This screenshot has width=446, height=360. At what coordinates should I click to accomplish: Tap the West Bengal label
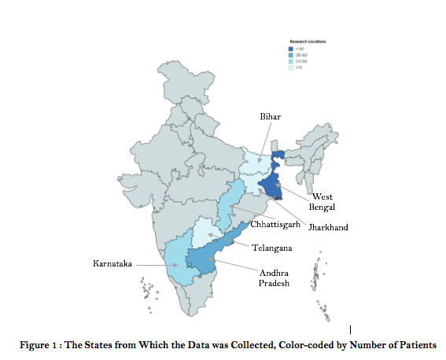coord(323,201)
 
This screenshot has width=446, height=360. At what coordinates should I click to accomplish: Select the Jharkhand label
coord(328,227)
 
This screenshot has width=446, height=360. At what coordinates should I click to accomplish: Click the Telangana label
coord(273,248)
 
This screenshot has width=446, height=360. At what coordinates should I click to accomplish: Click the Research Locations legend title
coord(309,39)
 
